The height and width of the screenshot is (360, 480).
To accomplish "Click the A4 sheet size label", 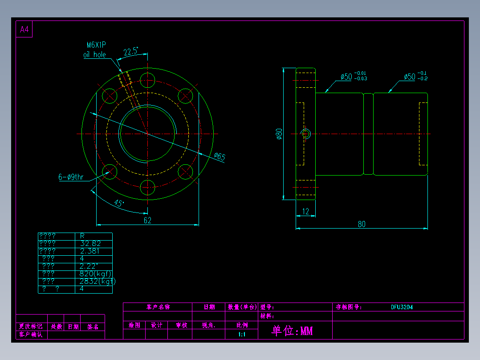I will click(24, 30).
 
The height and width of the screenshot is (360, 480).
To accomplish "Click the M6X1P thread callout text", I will click(97, 45).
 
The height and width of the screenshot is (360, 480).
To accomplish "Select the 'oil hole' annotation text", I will click(94, 55).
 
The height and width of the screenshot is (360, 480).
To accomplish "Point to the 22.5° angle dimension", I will click(130, 52).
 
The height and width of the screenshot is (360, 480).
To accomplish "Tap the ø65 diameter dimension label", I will click(220, 156).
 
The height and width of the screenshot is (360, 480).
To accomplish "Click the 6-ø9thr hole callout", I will click(71, 177).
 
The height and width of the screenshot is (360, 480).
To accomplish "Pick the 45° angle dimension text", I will click(119, 203).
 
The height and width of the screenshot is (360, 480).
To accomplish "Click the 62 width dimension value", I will click(147, 220).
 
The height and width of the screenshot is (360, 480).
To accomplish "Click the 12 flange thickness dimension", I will click(306, 212).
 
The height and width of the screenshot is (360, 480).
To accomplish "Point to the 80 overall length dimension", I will click(362, 224).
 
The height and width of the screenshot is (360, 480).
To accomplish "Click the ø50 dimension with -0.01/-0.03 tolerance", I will click(346, 77).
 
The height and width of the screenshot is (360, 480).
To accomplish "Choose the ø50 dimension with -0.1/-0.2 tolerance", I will click(410, 77).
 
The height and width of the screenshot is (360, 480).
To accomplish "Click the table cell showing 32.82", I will click(90, 243).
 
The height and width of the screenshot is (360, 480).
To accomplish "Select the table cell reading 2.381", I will click(90, 251).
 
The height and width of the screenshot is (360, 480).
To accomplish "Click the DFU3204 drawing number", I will click(402, 307).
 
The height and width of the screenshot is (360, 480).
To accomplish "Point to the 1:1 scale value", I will click(242, 334).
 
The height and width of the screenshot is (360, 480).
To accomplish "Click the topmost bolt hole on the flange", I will click(147, 81).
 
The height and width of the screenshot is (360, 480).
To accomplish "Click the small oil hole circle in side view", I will click(306, 134).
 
